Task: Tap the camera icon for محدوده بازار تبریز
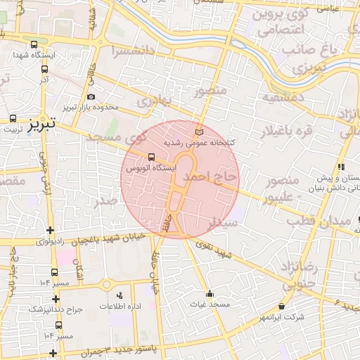[x=91, y=96]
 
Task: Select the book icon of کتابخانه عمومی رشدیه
[x=198, y=131]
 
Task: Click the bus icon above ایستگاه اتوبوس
[x=150, y=157]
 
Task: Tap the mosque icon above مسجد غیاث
[x=209, y=294]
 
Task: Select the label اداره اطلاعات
[x=122, y=307]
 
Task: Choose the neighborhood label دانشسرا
[x=129, y=51]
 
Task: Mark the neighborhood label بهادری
[x=154, y=101]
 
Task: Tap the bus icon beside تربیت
[x=13, y=119]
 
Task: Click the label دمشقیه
[x=283, y=98]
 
